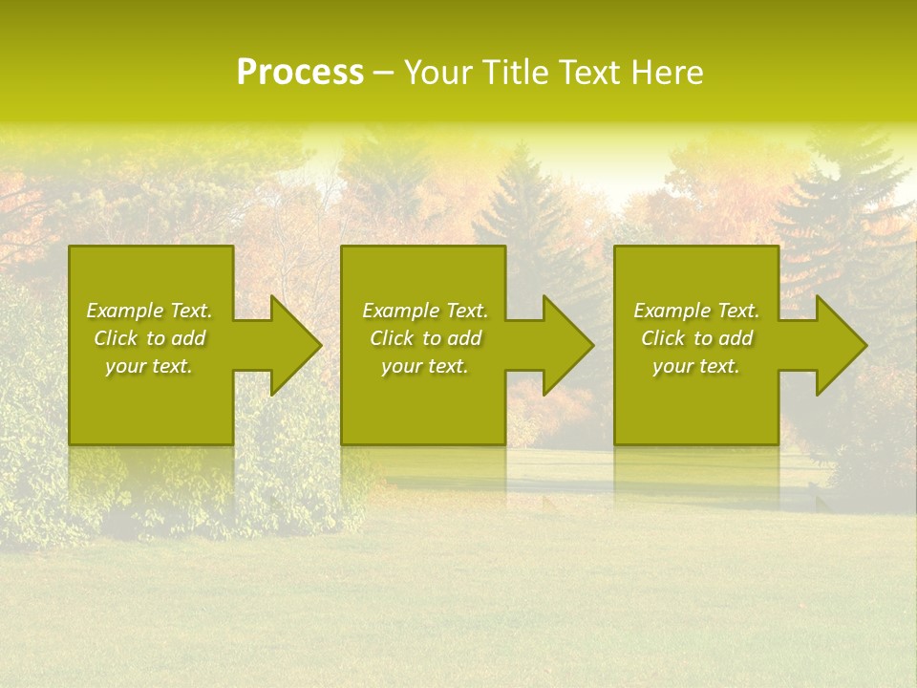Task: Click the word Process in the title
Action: [x=300, y=73]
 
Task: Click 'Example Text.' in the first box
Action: [x=149, y=311]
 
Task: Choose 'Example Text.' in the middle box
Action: [x=424, y=311]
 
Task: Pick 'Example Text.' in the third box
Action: [x=696, y=311]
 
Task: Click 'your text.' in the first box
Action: [x=149, y=366]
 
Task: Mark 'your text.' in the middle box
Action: [x=424, y=366]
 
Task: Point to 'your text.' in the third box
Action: [x=696, y=366]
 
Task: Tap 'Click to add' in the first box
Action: [x=149, y=338]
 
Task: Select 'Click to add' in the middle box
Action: [x=424, y=338]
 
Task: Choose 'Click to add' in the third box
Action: [x=696, y=338]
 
